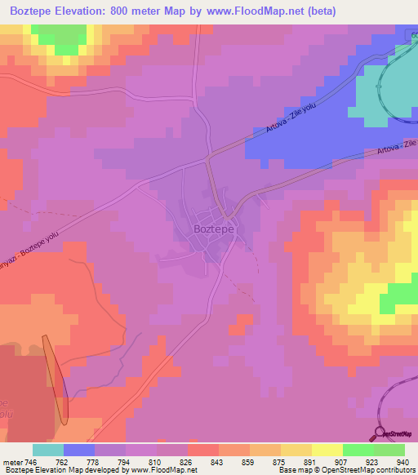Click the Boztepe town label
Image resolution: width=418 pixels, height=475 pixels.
pyautogui.click(x=215, y=229)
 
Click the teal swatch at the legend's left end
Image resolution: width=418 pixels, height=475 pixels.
pyautogui.click(x=47, y=450)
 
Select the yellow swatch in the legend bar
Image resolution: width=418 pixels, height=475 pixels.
pyautogui.click(x=327, y=450)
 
